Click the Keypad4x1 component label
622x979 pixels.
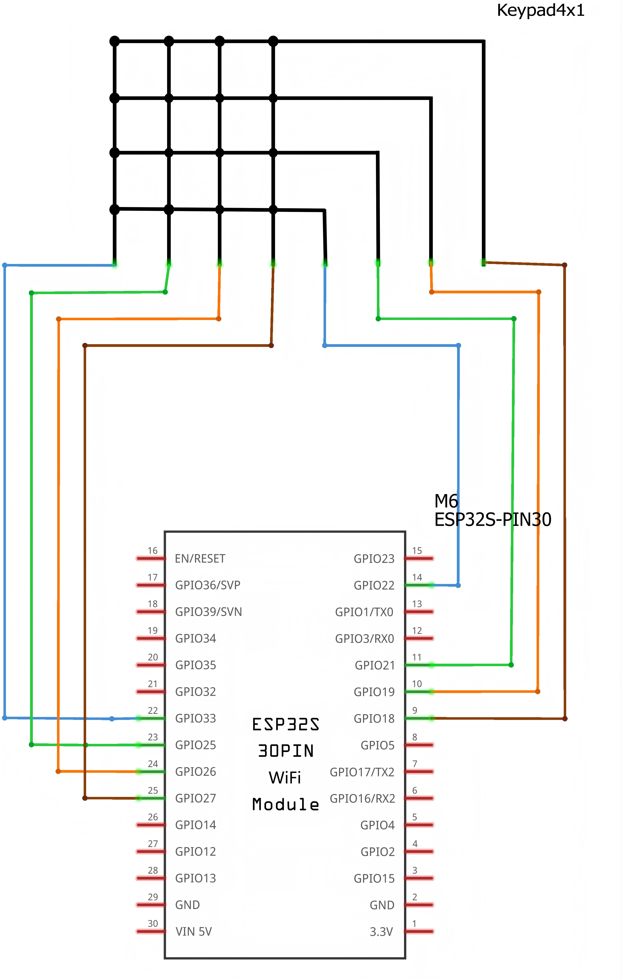pyautogui.click(x=540, y=10)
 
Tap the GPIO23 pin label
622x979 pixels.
pyautogui.click(x=374, y=559)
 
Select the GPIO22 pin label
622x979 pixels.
pyautogui.click(x=374, y=585)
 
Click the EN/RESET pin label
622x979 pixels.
pyautogui.click(x=200, y=559)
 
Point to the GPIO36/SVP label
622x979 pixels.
pyautogui.click(x=208, y=585)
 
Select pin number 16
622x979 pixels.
pyautogui.click(x=153, y=551)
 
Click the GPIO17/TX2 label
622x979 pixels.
pyautogui.click(x=362, y=772)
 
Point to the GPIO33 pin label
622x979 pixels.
pyautogui.click(x=195, y=718)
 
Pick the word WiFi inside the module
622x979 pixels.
pyautogui.click(x=285, y=778)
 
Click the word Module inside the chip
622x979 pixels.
pyautogui.click(x=286, y=805)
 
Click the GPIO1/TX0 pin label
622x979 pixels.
pyautogui.click(x=364, y=612)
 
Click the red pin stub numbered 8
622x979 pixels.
pyautogui.click(x=419, y=745)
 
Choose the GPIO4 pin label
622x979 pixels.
pyautogui.click(x=377, y=825)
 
